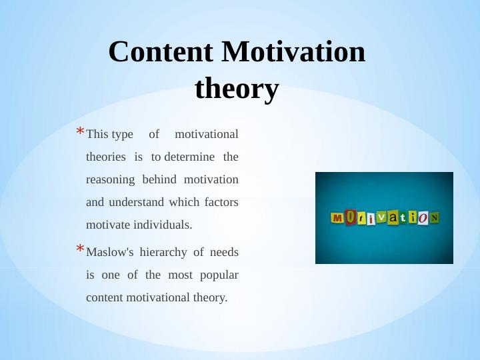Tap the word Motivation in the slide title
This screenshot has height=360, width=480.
pos(293,52)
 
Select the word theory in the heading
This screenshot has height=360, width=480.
pos(237,89)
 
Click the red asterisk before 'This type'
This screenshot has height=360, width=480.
pos(79,132)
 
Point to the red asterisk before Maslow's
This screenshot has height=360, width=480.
pos(79,250)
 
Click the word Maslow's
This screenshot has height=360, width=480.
pos(110,252)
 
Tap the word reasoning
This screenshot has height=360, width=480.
pos(111,180)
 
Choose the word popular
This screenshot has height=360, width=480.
pos(218,275)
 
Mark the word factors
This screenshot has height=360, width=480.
pos(221,202)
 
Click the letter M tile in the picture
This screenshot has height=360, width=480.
pos(337,217)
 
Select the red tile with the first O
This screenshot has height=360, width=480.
pos(350,217)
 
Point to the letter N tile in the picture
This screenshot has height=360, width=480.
pos(434,217)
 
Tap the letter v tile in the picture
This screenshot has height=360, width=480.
pos(382,217)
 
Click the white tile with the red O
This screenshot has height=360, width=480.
pos(423,217)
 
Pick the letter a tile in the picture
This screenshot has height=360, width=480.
pos(393,217)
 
